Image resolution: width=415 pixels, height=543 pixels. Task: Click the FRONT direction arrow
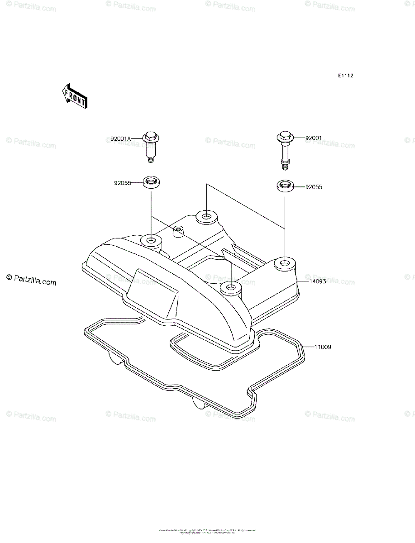75,95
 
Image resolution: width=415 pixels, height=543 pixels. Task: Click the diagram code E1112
345,76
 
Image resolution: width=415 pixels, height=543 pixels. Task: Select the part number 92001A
120,138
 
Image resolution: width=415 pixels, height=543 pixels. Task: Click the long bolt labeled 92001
284,149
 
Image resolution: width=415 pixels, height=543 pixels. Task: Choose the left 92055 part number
123,183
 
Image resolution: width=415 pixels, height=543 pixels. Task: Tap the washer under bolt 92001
284,186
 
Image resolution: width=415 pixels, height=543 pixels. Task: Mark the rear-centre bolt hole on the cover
206,216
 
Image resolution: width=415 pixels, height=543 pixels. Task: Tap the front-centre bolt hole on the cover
231,287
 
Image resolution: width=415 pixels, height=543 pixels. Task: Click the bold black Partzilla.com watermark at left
31,280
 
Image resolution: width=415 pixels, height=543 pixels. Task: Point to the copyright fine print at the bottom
207,531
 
